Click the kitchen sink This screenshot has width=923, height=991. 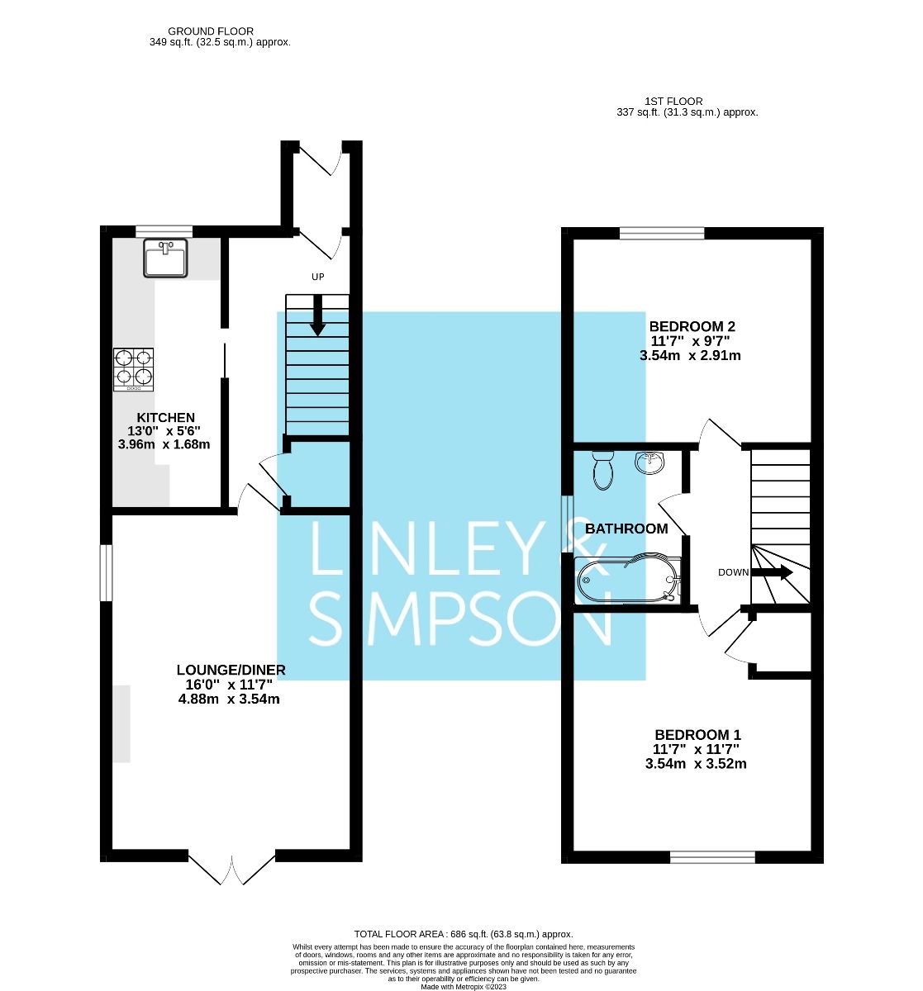(165, 258)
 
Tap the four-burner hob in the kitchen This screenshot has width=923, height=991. (134, 368)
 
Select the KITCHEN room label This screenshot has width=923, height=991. (166, 418)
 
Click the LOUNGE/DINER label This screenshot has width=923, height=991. (231, 670)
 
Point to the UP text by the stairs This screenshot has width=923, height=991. (317, 277)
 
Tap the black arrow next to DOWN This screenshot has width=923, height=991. (775, 572)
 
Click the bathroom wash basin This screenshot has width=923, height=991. (650, 462)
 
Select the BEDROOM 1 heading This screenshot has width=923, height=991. (697, 734)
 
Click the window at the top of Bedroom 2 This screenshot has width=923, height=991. (662, 233)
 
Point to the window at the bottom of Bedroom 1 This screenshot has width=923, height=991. (712, 858)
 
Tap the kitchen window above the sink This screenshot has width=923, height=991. (164, 231)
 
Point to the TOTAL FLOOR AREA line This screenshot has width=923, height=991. (463, 934)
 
